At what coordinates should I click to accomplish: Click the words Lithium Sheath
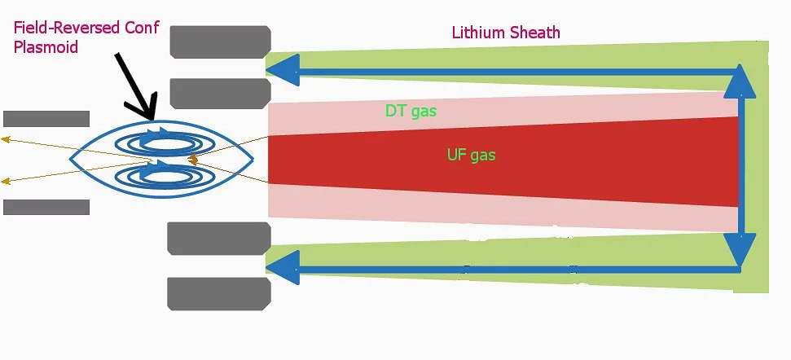[x=506, y=33]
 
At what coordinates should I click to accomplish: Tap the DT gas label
[x=411, y=111]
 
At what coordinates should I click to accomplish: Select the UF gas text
[x=471, y=154]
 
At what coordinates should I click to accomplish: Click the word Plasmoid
[x=46, y=48]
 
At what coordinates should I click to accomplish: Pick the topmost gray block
[x=220, y=42]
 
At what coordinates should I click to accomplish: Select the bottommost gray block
[x=218, y=293]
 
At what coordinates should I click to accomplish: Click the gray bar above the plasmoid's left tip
[x=46, y=118]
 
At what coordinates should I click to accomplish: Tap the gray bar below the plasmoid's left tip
[x=46, y=207]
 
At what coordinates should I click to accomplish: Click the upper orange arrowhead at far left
[x=6, y=140]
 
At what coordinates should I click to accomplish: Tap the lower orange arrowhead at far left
[x=6, y=181]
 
